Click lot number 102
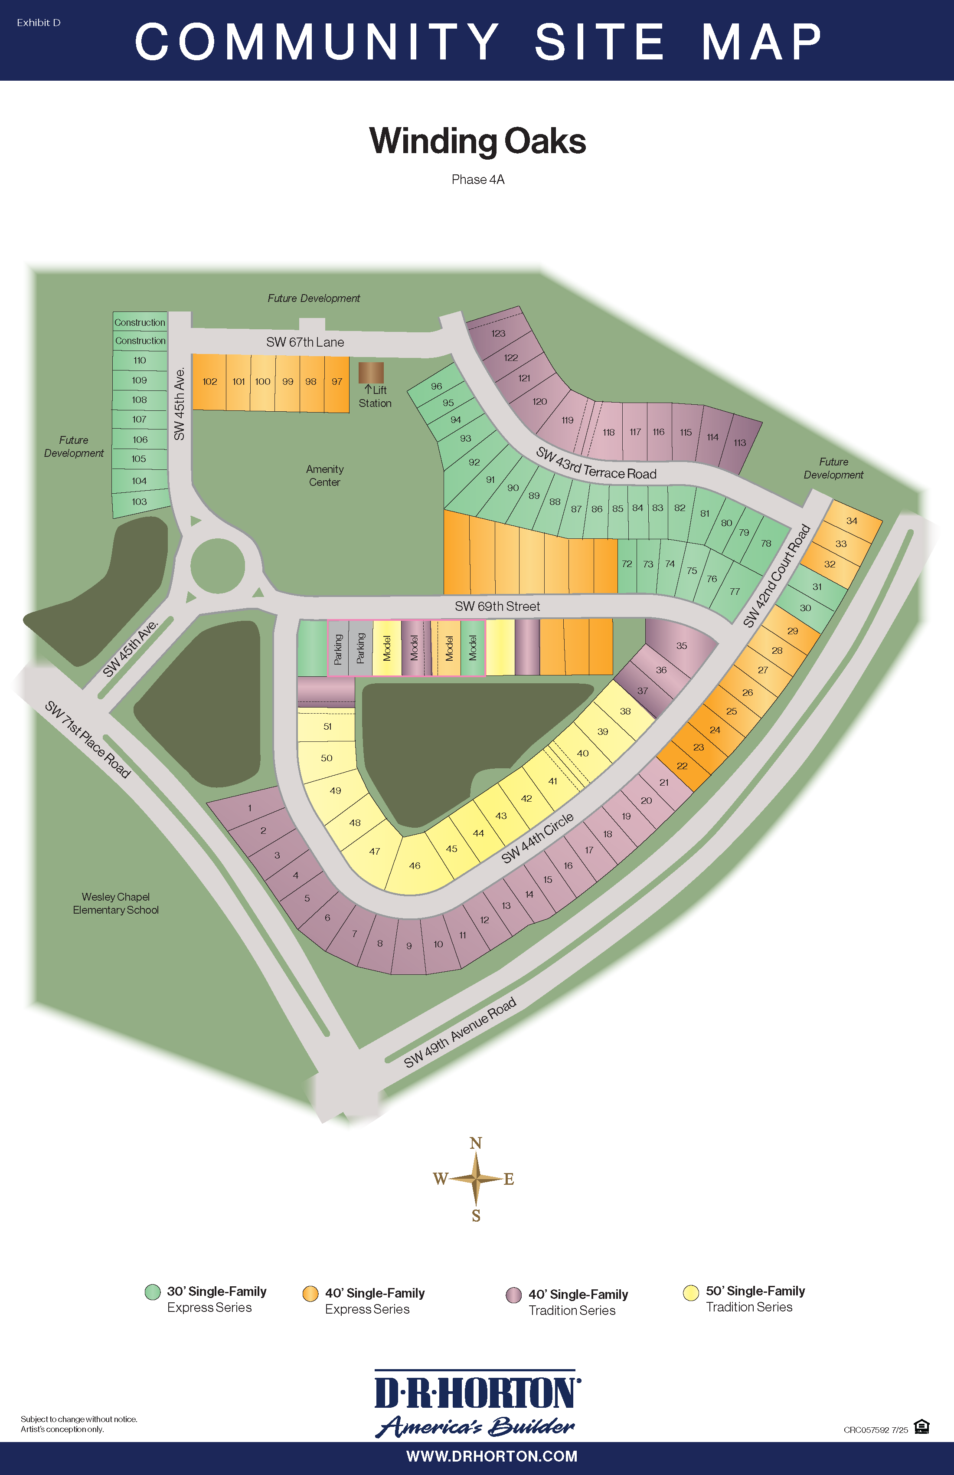(209, 382)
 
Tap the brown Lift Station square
(371, 373)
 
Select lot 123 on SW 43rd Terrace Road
(498, 334)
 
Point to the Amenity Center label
(325, 475)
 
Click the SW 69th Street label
(497, 606)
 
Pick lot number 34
(852, 521)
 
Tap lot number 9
(409, 946)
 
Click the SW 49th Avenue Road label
(460, 1033)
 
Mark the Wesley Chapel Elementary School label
(116, 903)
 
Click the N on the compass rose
(476, 1143)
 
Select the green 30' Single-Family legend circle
(152, 1292)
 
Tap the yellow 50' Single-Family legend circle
(691, 1293)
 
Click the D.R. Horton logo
(477, 1404)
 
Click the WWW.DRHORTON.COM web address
(491, 1456)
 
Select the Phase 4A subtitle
(477, 180)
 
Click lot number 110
(139, 360)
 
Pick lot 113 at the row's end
(740, 442)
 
